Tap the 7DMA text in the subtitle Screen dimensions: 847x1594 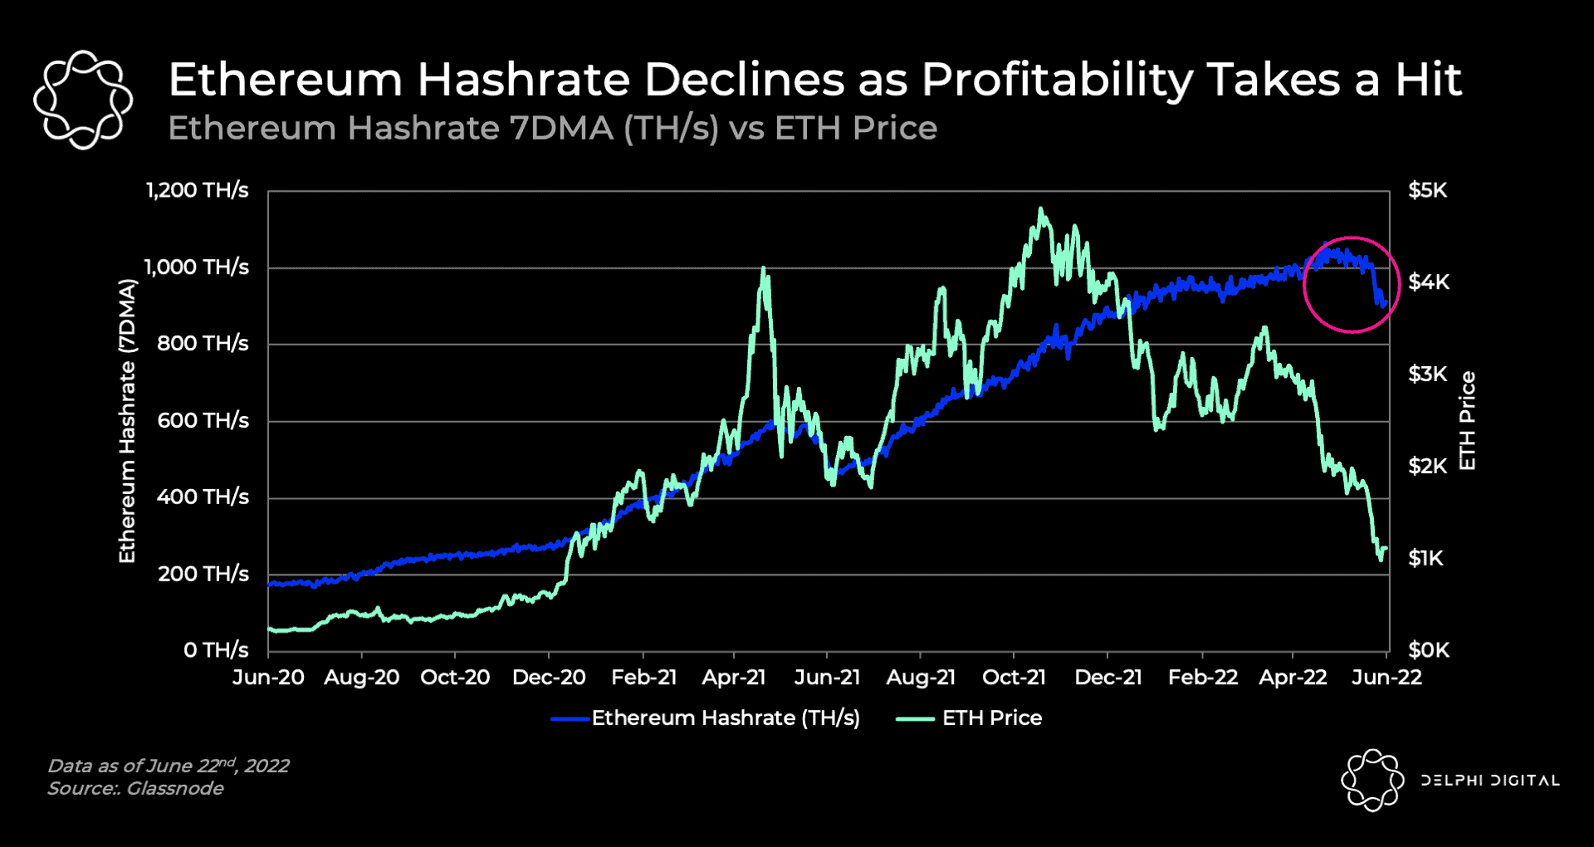coord(561,129)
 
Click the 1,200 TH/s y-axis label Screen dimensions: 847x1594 coord(198,191)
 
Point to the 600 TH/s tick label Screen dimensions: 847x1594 coord(203,421)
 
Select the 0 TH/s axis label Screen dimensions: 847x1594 coord(216,650)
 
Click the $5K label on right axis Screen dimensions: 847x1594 coord(1427,191)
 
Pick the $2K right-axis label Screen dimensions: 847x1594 coord(1427,467)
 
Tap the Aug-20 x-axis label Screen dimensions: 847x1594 coord(361,678)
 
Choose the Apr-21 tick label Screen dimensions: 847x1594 coord(734,678)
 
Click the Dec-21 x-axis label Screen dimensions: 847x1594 coord(1107,678)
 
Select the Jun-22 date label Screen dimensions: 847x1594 coord(1386,678)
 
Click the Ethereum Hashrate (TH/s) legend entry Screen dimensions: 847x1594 coord(725,718)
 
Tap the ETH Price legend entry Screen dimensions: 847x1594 coord(991,718)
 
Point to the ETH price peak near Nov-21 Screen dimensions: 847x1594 coord(1041,210)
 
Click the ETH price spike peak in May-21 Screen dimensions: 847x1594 coord(763,269)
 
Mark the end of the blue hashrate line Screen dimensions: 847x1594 coord(1385,304)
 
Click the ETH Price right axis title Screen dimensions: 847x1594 coord(1467,421)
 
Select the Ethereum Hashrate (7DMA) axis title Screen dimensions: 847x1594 coord(127,421)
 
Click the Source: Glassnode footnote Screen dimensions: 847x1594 coord(135,789)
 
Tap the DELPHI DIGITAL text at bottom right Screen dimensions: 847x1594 coord(1489,781)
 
